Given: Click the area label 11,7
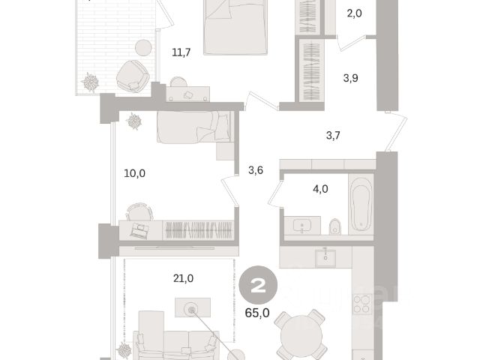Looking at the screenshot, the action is (x=181, y=52).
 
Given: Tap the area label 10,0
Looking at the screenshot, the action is (x=135, y=173).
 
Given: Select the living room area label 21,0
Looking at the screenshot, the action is (x=183, y=278).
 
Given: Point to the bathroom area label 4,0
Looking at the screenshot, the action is (x=320, y=189).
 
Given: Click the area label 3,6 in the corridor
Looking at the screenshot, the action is (x=256, y=170).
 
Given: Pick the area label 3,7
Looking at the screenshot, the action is (x=333, y=135).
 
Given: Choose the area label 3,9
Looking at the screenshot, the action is (x=350, y=78).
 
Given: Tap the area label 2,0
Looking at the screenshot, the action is (x=355, y=13).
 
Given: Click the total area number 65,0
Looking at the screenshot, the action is (x=257, y=313).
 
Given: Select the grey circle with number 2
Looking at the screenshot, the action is (x=258, y=285).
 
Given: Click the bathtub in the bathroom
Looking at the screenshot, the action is (x=361, y=204).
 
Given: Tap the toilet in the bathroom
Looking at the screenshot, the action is (x=335, y=226).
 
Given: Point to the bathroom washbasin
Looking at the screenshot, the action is (x=302, y=226).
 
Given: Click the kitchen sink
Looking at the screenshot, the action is (x=325, y=258).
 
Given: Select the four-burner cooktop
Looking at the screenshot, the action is (x=362, y=304).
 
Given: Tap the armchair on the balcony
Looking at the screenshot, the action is (x=133, y=76).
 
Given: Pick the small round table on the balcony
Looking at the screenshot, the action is (x=143, y=48).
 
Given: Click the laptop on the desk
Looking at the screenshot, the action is (x=139, y=229).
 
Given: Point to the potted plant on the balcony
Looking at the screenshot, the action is (x=90, y=82).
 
